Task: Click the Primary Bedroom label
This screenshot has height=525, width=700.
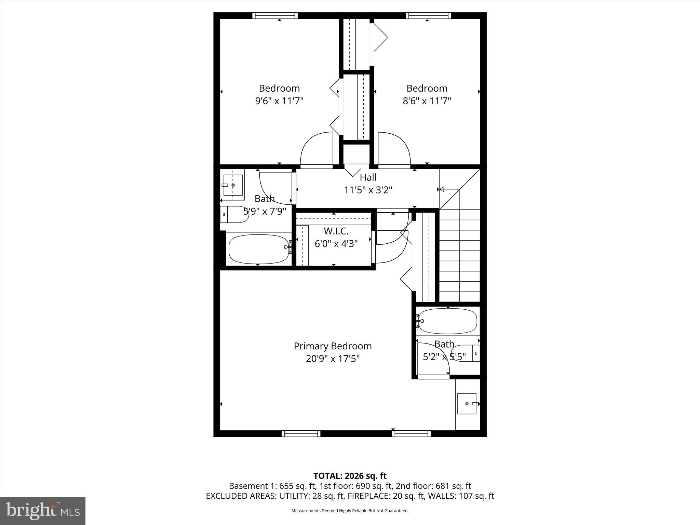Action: click(x=333, y=346)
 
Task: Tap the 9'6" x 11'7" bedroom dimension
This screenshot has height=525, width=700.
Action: click(x=279, y=101)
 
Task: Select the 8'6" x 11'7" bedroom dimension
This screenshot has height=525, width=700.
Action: click(x=427, y=101)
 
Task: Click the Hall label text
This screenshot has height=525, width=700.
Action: click(x=368, y=177)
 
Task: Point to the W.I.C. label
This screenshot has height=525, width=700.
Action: click(x=336, y=231)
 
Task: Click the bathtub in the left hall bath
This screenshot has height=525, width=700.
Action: click(x=259, y=249)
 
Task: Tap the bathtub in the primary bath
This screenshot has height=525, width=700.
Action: click(x=447, y=321)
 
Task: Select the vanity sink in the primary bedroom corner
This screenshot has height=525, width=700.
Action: click(x=467, y=404)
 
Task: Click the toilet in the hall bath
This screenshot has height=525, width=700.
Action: click(x=234, y=214)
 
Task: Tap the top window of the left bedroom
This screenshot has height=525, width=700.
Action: click(x=275, y=15)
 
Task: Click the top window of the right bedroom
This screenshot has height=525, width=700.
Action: click(x=428, y=15)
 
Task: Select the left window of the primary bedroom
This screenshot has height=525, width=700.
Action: click(x=301, y=434)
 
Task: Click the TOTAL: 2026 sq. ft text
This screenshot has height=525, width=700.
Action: click(x=350, y=476)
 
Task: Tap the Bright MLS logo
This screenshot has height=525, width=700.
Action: click(x=43, y=511)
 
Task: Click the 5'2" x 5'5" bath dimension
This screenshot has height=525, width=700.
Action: click(x=444, y=357)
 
